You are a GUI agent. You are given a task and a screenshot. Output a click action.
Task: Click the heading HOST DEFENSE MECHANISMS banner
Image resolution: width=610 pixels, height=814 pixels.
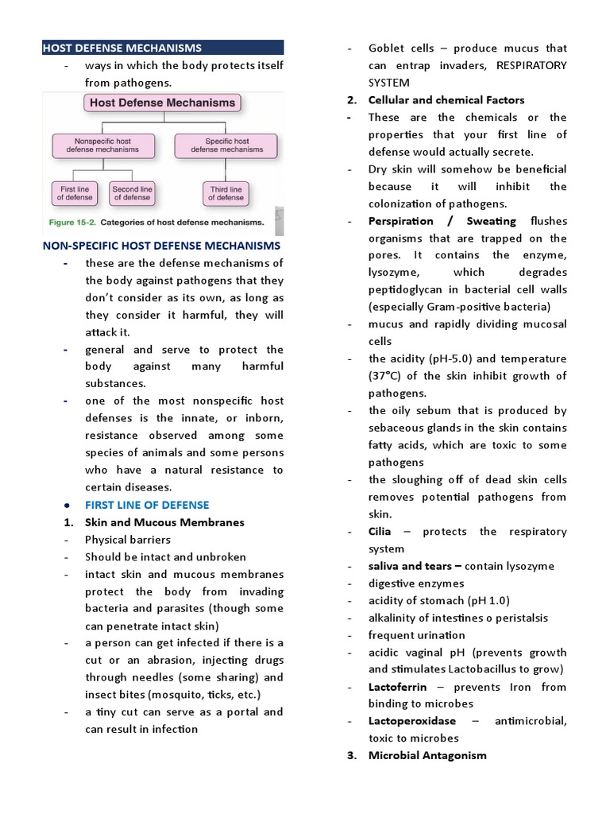coord(162,48)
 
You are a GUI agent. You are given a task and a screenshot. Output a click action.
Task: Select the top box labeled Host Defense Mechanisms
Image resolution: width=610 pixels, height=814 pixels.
coord(162,103)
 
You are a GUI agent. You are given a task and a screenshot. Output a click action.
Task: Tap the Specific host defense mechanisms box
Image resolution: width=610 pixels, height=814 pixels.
coord(226,145)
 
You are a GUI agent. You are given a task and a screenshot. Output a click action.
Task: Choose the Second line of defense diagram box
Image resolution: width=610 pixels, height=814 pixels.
coord(132,193)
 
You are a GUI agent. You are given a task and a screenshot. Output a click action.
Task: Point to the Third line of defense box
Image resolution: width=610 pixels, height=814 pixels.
coord(226,193)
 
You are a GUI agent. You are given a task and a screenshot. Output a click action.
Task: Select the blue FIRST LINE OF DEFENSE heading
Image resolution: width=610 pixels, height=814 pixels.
coord(147,505)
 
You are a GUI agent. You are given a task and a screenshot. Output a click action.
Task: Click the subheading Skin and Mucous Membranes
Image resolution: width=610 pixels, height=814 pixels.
coord(164,522)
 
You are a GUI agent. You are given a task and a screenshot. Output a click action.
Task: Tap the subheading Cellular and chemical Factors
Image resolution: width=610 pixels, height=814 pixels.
coord(446,100)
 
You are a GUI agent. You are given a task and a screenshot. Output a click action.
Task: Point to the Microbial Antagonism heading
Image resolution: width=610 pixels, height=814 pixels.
coord(427,755)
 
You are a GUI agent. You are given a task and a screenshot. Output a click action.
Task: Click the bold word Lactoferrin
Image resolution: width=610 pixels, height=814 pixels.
coord(397,686)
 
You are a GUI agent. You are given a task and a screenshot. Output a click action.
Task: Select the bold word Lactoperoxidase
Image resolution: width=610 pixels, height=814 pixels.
coord(412,721)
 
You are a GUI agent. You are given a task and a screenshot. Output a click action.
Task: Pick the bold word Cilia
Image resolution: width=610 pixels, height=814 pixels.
coord(380,531)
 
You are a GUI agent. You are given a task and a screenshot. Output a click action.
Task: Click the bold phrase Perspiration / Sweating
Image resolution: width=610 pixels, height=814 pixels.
coord(442,221)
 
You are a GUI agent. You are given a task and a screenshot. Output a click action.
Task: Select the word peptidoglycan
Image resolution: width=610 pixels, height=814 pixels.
coord(408,290)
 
